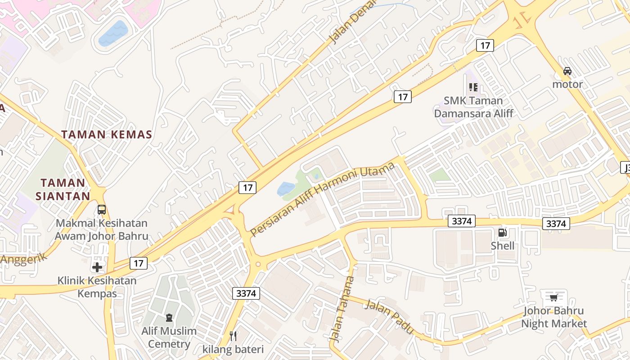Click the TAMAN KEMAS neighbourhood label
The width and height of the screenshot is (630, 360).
[107, 134]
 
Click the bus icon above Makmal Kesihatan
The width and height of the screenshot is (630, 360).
[102, 209]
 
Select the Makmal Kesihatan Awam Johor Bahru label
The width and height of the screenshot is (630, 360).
[101, 229]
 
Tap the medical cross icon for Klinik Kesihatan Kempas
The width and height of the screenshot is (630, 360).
[97, 267]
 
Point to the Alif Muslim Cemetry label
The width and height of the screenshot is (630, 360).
[169, 337]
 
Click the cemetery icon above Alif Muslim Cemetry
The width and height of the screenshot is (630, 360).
[169, 318]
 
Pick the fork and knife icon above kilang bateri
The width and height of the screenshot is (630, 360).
[233, 336]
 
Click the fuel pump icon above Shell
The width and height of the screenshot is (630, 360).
[502, 233]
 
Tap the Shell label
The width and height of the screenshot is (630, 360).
[502, 246]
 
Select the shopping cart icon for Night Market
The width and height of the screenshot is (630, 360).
[553, 297]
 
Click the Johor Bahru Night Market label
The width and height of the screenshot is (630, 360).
[553, 317]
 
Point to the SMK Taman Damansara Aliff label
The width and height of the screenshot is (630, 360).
[473, 107]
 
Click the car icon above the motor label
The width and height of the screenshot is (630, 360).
[567, 71]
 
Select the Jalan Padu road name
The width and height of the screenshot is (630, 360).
[389, 316]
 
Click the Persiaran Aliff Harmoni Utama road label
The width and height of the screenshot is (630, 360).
[322, 199]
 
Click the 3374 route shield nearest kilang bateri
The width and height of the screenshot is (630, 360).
[246, 293]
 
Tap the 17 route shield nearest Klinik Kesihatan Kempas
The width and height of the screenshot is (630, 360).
[138, 263]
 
